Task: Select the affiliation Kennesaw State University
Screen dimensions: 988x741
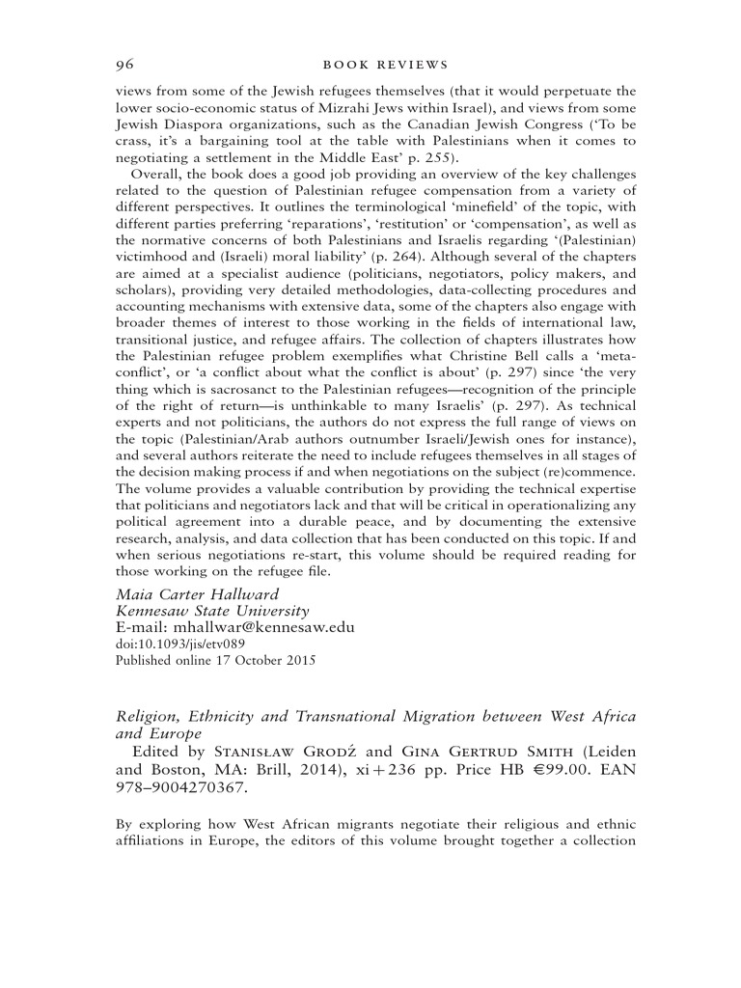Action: point(212,611)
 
